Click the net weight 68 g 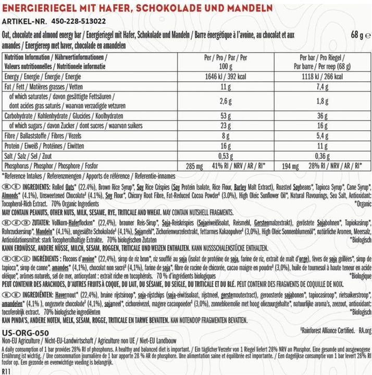[x=360, y=36]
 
